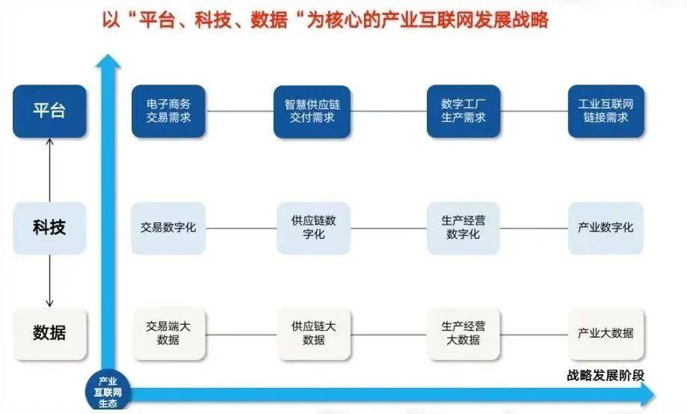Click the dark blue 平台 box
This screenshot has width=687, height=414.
click(49, 111)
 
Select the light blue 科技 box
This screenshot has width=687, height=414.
click(49, 228)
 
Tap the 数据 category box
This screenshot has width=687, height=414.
click(49, 334)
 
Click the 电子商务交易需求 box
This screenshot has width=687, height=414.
click(169, 111)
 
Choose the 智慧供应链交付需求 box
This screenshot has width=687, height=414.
click(312, 112)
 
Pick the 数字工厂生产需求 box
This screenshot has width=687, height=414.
click(463, 111)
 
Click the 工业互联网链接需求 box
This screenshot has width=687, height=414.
click(606, 111)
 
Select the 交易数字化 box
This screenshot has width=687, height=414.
click(168, 228)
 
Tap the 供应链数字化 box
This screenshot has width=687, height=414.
click(314, 228)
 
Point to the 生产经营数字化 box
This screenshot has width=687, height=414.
click(463, 228)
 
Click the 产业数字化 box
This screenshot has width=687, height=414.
click(606, 228)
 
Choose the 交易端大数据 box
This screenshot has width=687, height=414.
click(169, 334)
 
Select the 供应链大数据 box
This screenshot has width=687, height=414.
click(314, 334)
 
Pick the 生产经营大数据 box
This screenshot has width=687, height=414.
click(463, 334)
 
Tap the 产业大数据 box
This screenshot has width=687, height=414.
click(606, 334)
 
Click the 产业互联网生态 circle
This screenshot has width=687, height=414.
click(108, 392)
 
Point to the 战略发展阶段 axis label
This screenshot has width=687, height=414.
click(606, 375)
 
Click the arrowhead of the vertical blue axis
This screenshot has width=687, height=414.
click(108, 61)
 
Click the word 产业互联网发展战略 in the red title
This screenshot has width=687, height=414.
click(465, 19)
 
